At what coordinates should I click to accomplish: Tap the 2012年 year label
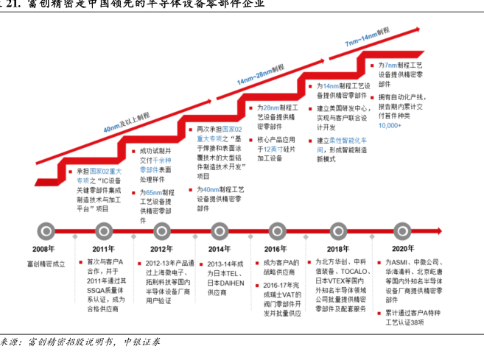coord(161,249)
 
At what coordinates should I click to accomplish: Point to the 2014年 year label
coord(219,249)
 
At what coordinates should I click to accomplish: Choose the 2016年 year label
coord(276,249)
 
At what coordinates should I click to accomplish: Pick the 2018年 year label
coord(337,249)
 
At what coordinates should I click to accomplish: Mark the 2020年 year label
coord(402,249)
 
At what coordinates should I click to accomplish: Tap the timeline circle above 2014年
coord(219,230)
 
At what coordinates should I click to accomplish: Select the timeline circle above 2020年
coord(402,230)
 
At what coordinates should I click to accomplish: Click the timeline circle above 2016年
coord(276,230)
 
